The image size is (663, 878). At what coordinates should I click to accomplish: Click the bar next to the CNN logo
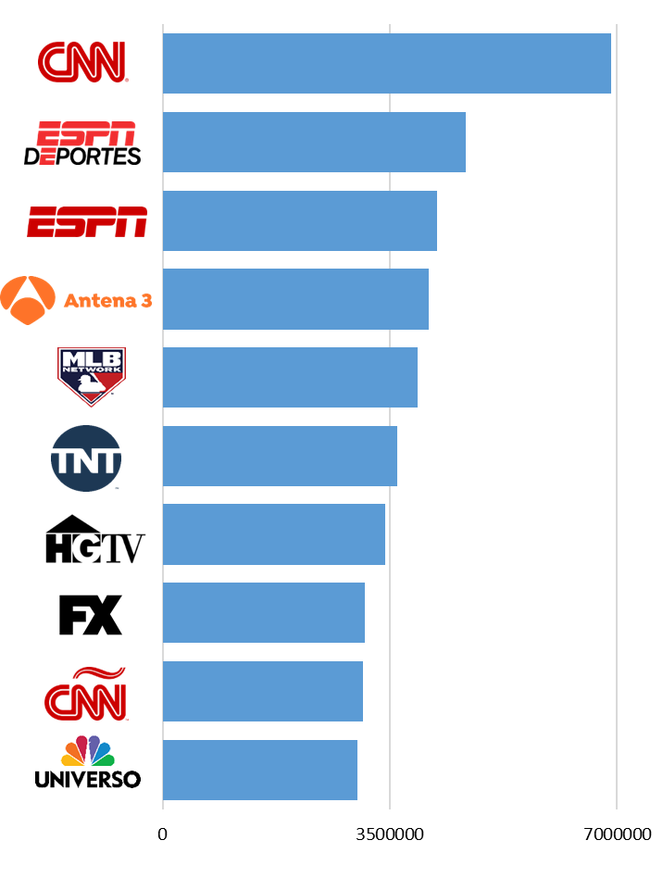(386, 63)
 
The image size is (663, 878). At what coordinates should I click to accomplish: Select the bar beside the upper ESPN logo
(314, 142)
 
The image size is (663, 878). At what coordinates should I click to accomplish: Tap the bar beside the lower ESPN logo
(299, 220)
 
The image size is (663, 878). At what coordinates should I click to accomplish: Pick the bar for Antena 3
(295, 298)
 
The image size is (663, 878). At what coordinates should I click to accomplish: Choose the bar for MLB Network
(290, 377)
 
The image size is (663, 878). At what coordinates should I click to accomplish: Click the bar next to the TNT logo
(280, 456)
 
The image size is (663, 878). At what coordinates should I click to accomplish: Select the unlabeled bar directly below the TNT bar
(273, 534)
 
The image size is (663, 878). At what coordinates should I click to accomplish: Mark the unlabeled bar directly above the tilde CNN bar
(263, 612)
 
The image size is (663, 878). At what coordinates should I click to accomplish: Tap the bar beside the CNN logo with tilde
(262, 691)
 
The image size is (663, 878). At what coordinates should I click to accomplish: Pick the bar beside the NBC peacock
(259, 770)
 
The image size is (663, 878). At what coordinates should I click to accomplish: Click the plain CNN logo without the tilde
(82, 62)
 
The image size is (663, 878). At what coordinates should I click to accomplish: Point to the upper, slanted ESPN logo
(85, 142)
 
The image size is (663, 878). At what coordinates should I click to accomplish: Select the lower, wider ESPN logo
(87, 222)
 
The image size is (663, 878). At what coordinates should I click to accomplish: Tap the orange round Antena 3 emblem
(28, 300)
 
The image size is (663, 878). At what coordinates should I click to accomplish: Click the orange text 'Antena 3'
(107, 301)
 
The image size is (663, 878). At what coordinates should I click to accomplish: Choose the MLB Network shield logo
(91, 376)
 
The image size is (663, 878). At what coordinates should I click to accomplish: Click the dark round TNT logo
(86, 458)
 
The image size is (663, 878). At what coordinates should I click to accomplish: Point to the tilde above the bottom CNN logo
(99, 673)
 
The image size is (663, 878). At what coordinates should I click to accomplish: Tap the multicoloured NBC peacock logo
(88, 752)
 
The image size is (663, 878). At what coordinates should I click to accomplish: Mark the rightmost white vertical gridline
(616, 417)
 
